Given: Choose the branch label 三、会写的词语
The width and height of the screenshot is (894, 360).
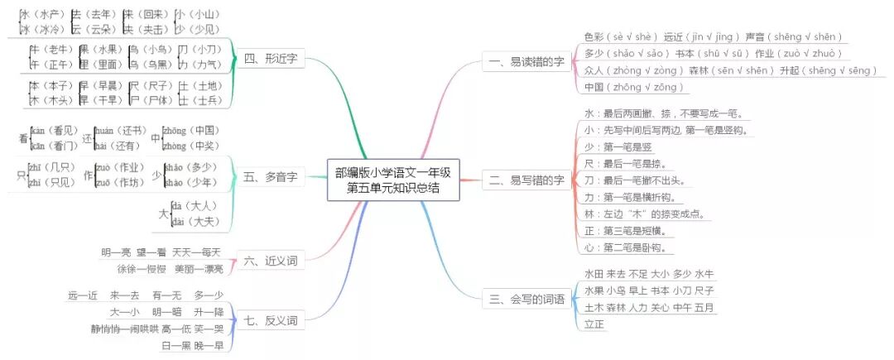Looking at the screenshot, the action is click(x=531, y=298).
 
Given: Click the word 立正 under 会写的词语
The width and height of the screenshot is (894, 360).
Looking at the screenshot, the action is click(x=594, y=324).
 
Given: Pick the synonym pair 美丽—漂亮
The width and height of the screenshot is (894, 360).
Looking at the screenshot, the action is click(x=198, y=269).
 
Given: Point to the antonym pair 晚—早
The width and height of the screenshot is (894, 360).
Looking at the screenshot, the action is click(x=209, y=345).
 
